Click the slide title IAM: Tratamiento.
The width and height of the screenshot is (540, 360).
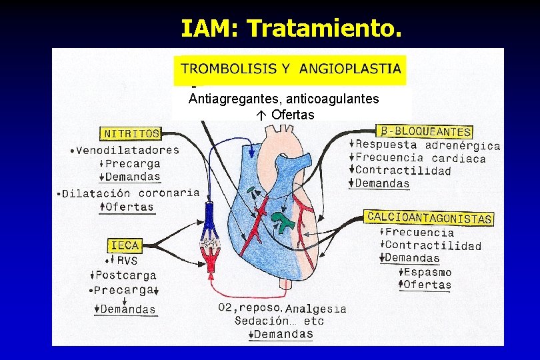[x=291, y=28]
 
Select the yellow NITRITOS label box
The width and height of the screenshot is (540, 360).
[x=131, y=133]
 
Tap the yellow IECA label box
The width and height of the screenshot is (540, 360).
[x=125, y=245]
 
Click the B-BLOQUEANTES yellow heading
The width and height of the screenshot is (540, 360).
[x=424, y=131]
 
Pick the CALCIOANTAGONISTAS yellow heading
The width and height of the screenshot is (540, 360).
[x=429, y=217]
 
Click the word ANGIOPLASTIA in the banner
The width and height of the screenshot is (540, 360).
[x=350, y=68]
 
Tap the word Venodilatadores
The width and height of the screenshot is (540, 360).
[x=127, y=150]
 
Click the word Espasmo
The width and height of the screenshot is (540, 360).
[x=427, y=272]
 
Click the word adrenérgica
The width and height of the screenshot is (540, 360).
[x=463, y=145]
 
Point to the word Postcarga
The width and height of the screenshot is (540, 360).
[x=125, y=275]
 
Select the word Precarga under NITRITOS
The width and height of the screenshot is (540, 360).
[x=133, y=163]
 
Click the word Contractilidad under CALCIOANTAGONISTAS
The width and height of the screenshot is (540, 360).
[x=433, y=246]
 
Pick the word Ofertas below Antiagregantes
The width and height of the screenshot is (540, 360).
[x=293, y=115]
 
